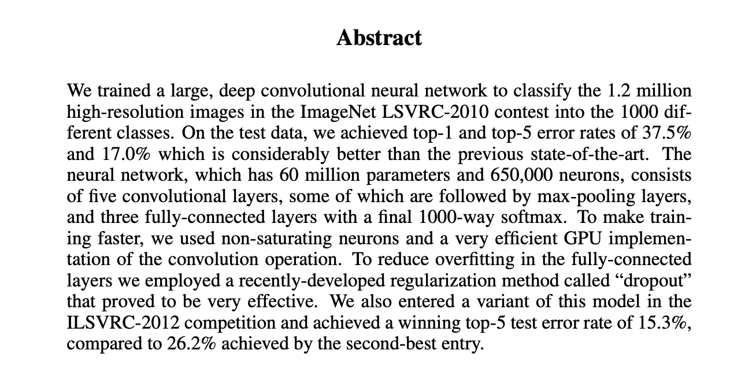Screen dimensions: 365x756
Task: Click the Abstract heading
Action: click(x=379, y=38)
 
